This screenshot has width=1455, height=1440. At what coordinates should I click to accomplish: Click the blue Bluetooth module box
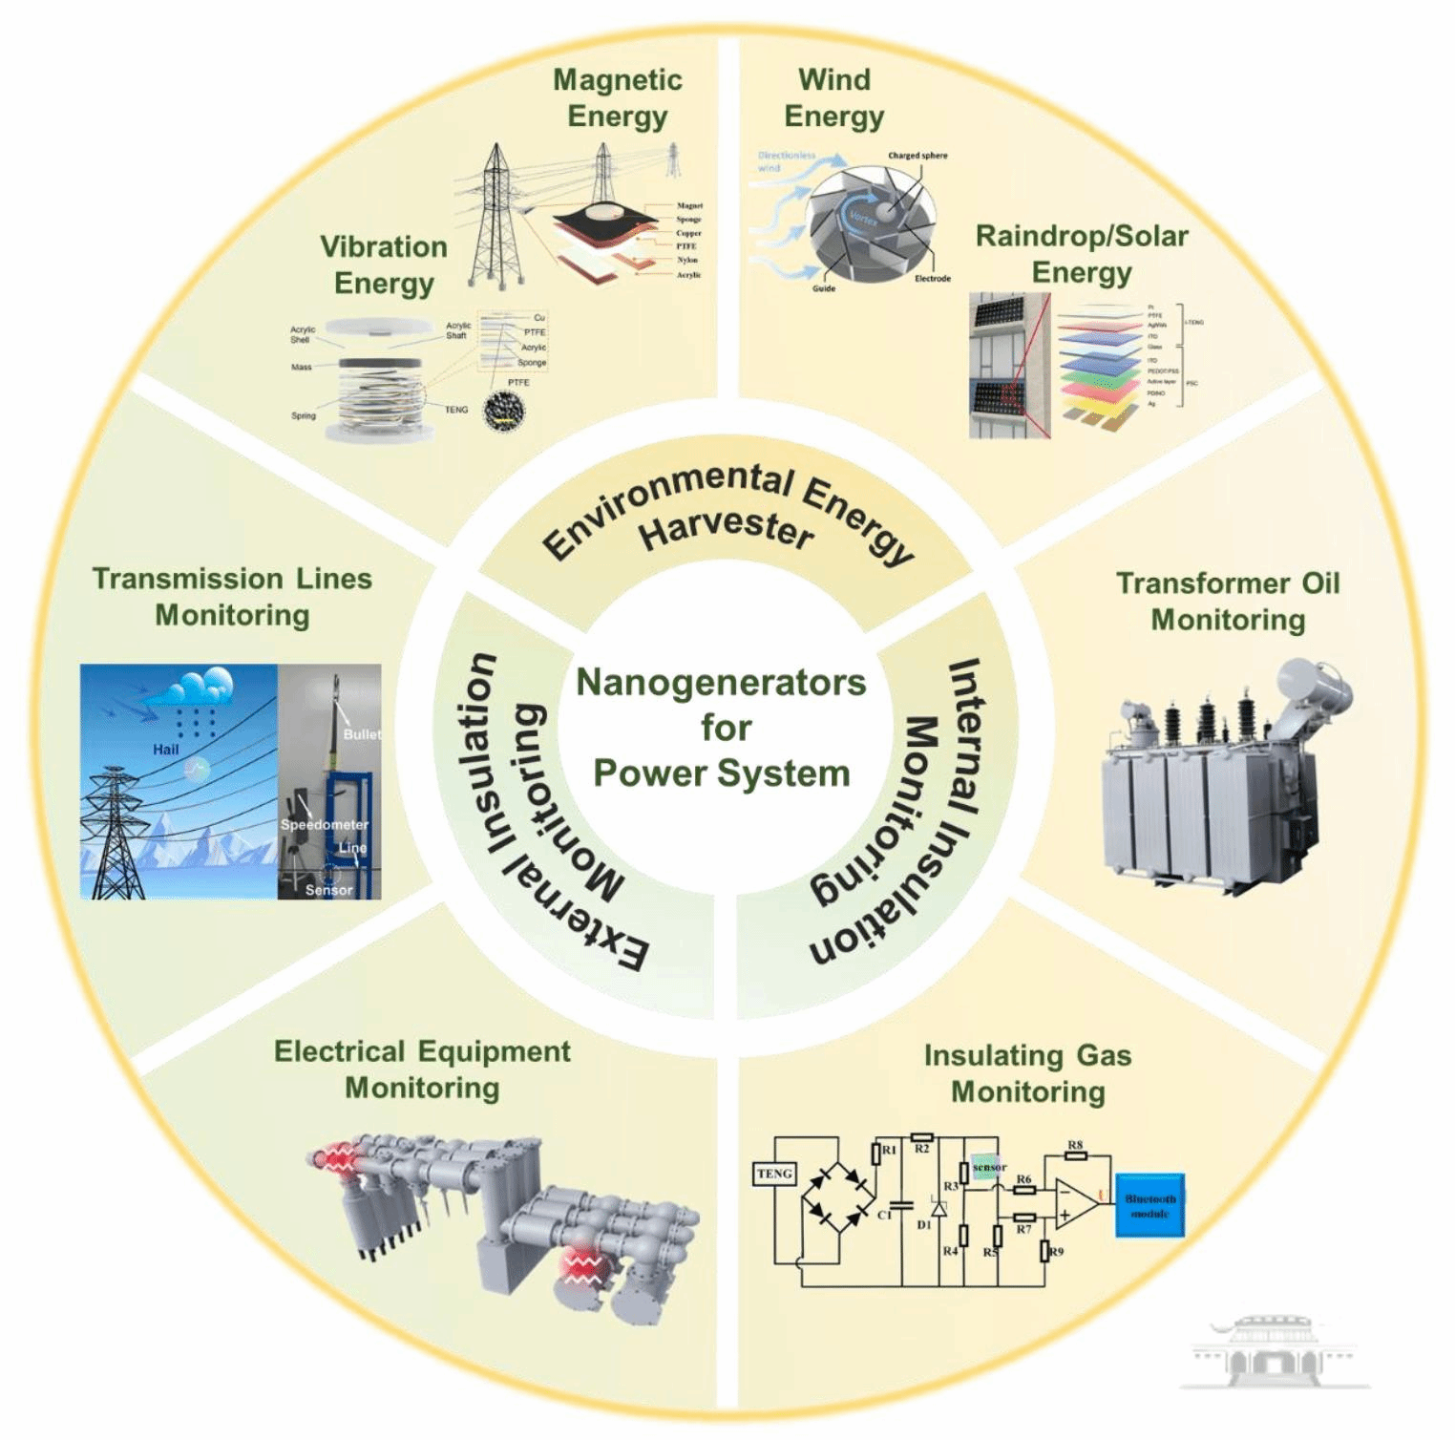pos(1149,1205)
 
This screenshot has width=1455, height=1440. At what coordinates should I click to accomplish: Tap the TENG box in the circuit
pos(774,1174)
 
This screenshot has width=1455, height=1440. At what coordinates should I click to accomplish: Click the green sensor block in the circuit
pos(987,1167)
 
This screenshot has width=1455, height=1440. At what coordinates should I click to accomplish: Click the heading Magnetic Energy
pos(618,97)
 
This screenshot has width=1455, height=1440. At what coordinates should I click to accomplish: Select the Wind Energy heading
pos(833,97)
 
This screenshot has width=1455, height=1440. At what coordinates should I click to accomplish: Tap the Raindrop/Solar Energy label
pos(1082,253)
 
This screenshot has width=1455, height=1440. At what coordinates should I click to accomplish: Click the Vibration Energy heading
pos(384,265)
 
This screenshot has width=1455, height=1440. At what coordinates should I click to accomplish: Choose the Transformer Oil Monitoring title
pos(1228,601)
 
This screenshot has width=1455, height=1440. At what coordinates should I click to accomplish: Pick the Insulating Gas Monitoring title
pos(1027,1073)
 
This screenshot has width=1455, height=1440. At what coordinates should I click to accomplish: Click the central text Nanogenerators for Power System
pos(722,728)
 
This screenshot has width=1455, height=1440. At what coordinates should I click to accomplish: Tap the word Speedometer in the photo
pos(324,824)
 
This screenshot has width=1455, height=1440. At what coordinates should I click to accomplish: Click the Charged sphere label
pos(917,156)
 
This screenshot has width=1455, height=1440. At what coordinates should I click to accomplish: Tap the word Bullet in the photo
pos(362,734)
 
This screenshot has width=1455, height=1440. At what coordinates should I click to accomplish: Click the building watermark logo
pos(1275,1350)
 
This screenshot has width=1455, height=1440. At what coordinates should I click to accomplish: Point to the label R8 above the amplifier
pos(1075,1145)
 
